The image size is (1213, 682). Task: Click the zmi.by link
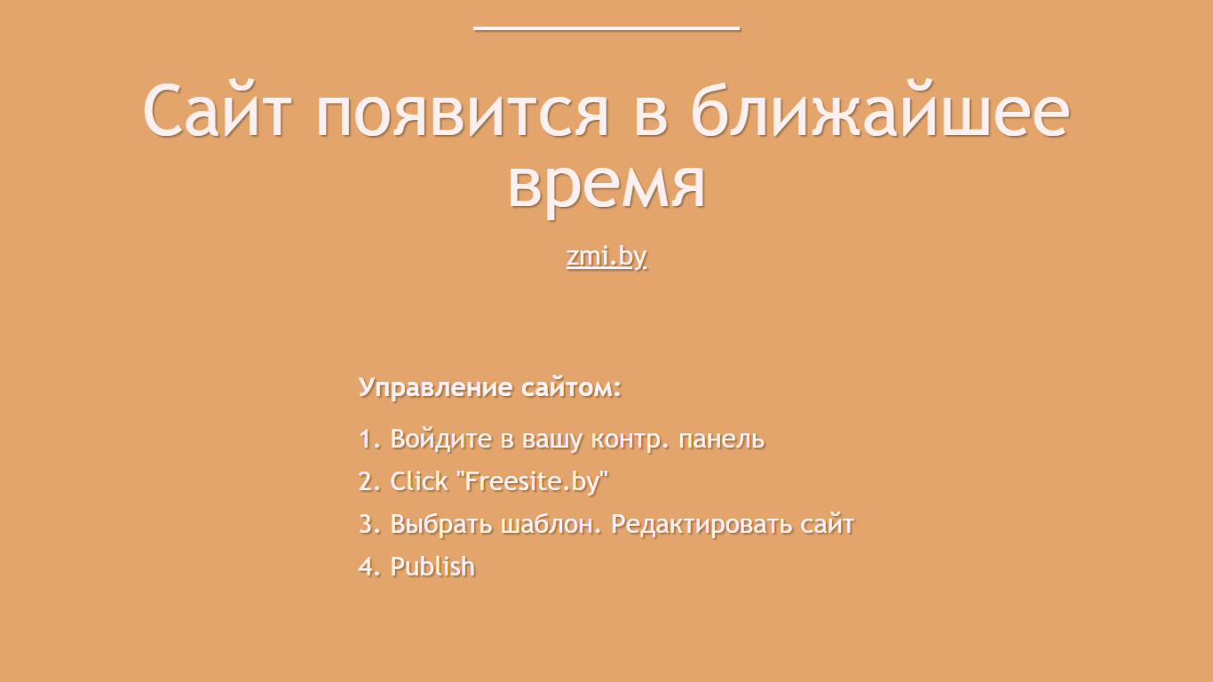coord(606,257)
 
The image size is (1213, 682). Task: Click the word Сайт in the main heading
coord(218,110)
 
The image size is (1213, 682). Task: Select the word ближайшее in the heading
coord(881,110)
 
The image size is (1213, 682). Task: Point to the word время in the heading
coord(606,187)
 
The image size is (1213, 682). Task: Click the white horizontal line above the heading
coord(606,28)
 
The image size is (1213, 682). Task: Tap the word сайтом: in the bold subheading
coord(571,388)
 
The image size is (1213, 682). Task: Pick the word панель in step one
coord(721,440)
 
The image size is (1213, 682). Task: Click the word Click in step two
coord(418,481)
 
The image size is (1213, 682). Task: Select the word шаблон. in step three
coord(551,524)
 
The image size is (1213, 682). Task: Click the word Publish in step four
coord(432,567)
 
